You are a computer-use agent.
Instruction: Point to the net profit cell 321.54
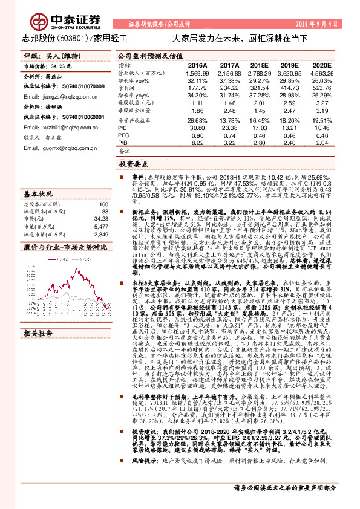coord(259,88)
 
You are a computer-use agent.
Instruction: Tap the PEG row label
coord(123,135)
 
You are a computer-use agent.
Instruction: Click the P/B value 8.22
coord(199,143)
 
